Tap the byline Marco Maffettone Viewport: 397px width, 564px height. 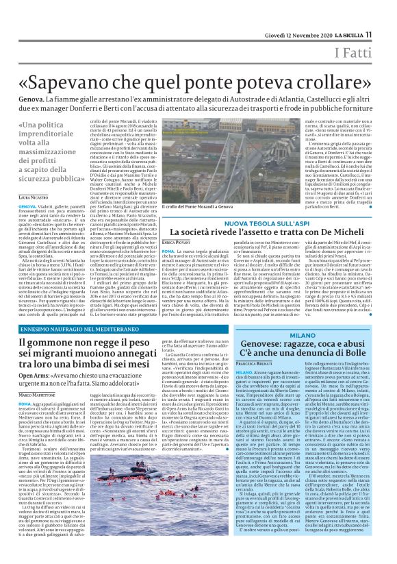(x=35, y=414)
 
